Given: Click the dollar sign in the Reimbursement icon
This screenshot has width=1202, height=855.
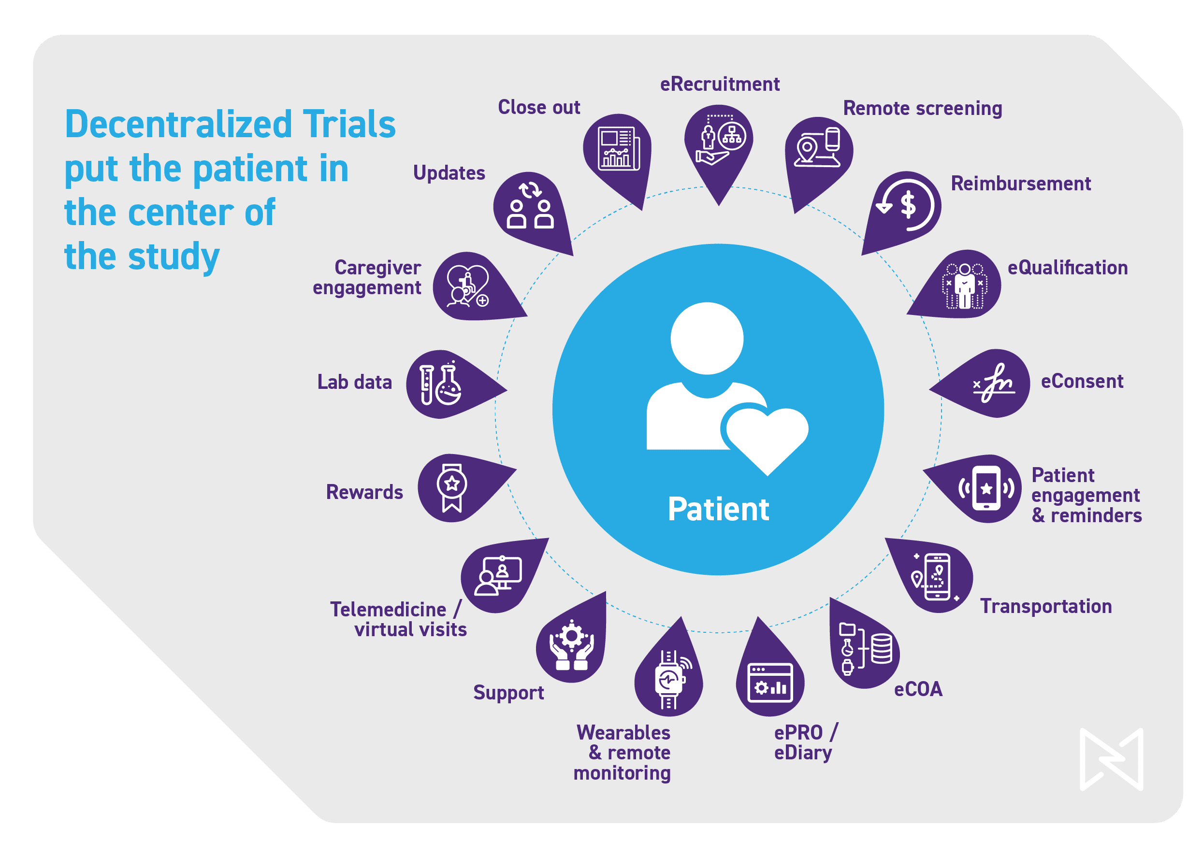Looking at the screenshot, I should point(908,205).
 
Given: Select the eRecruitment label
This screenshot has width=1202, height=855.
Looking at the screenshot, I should point(720,84).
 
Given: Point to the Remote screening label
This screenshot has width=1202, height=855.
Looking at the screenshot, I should point(922,109).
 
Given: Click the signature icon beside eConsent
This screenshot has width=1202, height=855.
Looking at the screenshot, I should point(993,383).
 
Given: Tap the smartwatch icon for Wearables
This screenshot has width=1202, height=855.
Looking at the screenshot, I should point(669,679).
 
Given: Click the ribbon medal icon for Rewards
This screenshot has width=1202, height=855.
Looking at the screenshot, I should point(452,487).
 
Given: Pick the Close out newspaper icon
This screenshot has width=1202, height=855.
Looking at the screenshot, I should point(619,148).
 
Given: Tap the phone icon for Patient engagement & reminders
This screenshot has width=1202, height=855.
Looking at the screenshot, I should point(986,488).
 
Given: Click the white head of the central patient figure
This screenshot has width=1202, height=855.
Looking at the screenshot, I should point(707,338).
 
